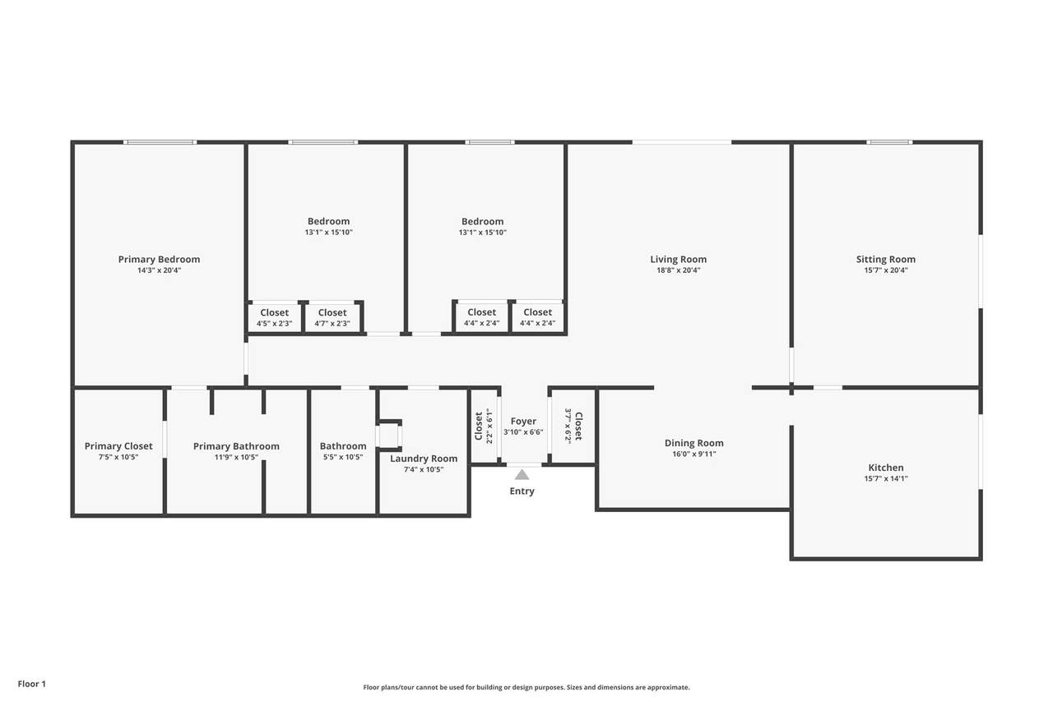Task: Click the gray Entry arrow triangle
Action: click(522, 475)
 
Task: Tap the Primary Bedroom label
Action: click(159, 259)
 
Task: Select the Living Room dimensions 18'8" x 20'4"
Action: click(679, 270)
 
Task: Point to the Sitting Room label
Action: click(886, 259)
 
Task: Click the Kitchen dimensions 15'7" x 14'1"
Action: click(886, 478)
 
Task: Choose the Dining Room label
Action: click(693, 443)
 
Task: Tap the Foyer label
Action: click(523, 421)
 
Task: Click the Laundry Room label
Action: click(424, 459)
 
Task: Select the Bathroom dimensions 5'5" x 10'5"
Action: click(343, 457)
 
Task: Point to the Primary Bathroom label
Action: click(236, 446)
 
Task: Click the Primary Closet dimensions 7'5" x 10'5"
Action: click(118, 457)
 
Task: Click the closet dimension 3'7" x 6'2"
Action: click(568, 426)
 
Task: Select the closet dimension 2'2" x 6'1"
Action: click(489, 426)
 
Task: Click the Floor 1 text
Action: click(32, 684)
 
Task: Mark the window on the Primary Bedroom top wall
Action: click(160, 142)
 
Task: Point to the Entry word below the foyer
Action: click(522, 491)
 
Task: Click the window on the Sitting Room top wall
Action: click(889, 142)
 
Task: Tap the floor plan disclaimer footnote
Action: click(526, 687)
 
